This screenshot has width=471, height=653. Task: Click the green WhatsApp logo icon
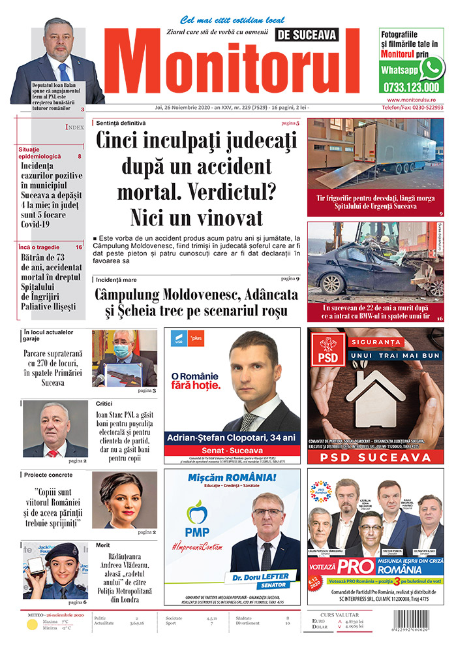click(432, 67)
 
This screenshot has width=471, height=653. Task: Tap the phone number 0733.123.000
click(412, 87)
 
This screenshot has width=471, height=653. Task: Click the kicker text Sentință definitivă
click(121, 123)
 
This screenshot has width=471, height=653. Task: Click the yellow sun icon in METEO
click(32, 625)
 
